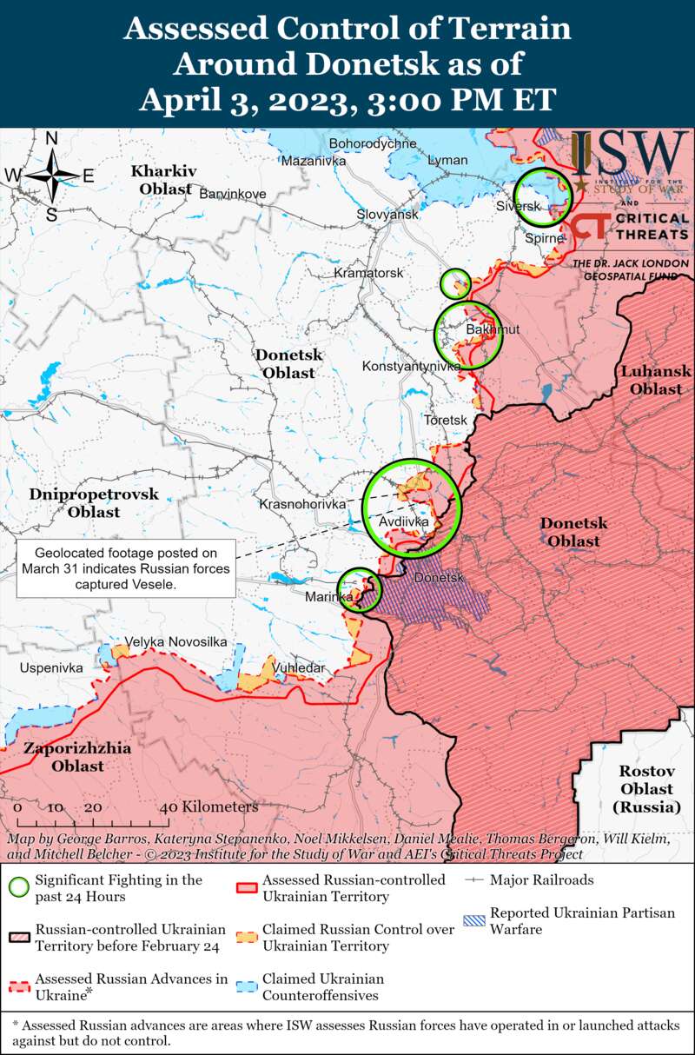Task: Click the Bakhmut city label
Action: tap(493, 329)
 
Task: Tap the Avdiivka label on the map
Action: tap(404, 522)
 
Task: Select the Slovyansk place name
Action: tap(387, 214)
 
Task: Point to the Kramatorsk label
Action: tap(369, 273)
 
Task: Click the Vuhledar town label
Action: tap(299, 667)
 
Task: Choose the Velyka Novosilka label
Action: tap(176, 641)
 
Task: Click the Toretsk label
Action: tap(446, 420)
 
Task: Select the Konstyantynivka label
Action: tap(411, 367)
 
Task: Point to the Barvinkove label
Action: tap(233, 194)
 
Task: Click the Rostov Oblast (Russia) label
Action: tap(646, 789)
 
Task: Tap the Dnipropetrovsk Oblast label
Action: tap(94, 502)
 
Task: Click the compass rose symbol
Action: tap(52, 175)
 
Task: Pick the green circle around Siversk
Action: tap(542, 196)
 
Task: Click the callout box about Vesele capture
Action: tap(125, 568)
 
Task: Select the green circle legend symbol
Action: tap(19, 887)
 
